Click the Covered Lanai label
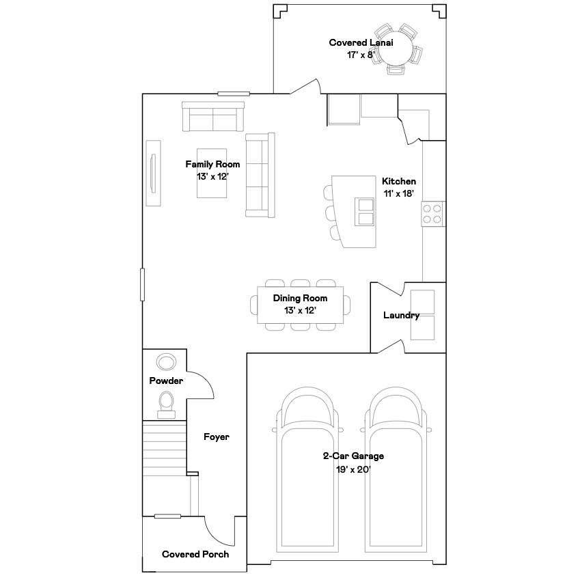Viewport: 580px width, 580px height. tap(361, 43)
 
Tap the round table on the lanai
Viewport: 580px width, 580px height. tap(396, 49)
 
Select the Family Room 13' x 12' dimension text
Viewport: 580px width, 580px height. tap(212, 176)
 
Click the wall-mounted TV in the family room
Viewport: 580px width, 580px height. tap(153, 173)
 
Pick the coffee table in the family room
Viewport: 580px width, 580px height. tap(212, 173)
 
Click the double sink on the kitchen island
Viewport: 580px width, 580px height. tap(364, 212)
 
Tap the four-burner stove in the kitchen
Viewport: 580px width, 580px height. tap(432, 214)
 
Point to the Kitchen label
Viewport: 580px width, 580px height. tap(399, 181)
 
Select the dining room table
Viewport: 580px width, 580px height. tap(301, 305)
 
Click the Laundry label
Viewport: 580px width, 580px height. tap(401, 315)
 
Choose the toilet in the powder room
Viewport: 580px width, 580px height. tap(166, 405)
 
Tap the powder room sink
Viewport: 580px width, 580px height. tap(166, 362)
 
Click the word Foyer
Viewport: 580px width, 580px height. tap(217, 437)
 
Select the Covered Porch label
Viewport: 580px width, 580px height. tap(195, 554)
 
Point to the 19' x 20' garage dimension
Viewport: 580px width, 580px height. tap(353, 469)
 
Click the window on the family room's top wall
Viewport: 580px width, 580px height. tap(234, 94)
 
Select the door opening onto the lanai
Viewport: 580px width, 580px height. tap(305, 86)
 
